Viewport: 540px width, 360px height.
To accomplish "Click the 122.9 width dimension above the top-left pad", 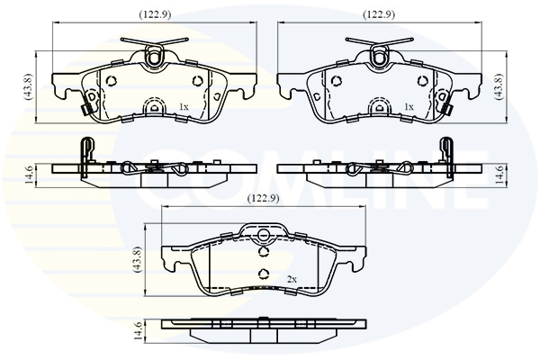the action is click(155, 14).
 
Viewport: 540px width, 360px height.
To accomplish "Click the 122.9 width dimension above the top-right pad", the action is click(379, 14).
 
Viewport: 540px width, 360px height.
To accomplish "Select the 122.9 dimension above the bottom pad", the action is click(264, 198).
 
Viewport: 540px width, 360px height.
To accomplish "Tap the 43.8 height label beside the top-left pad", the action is click(28, 86).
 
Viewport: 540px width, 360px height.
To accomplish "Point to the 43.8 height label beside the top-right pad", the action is click(499, 86).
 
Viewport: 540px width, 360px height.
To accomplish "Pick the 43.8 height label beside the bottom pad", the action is click(137, 259).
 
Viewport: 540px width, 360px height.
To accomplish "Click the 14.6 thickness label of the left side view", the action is click(30, 175).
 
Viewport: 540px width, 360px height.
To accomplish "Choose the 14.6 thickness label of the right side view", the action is click(499, 175).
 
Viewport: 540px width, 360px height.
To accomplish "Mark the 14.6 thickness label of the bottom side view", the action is click(138, 330).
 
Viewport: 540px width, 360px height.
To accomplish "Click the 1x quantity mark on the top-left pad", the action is click(184, 107).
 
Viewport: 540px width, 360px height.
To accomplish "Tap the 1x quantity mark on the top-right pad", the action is click(409, 107).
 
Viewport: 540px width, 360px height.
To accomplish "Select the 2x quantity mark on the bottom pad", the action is click(292, 279).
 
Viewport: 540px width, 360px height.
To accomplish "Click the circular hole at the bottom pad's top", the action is click(264, 235).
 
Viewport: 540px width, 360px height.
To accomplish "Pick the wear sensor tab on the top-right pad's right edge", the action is click(448, 110).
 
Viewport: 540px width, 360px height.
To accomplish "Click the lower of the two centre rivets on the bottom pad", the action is click(264, 274).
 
